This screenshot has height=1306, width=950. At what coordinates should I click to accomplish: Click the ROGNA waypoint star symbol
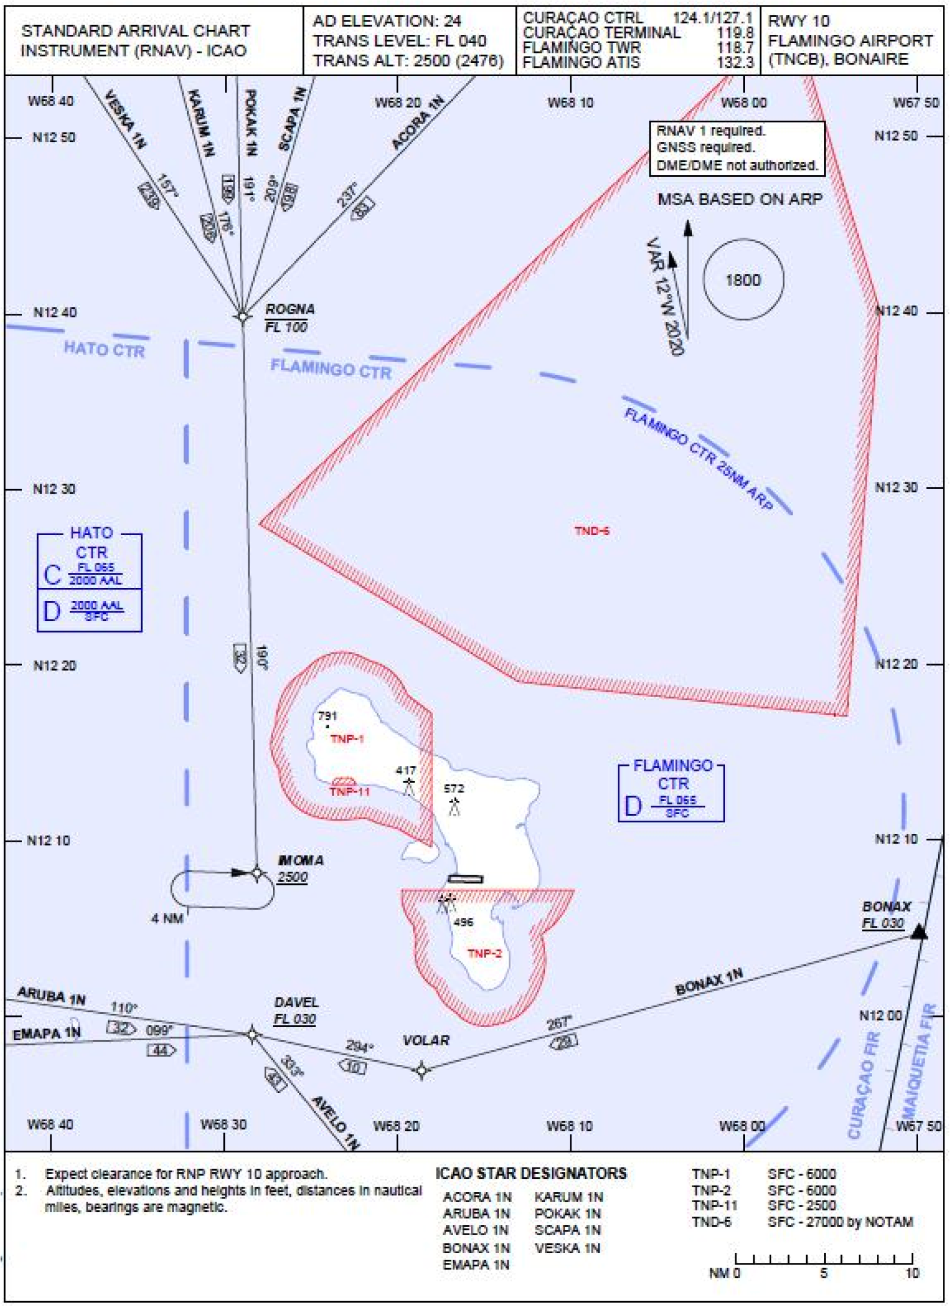pyautogui.click(x=242, y=316)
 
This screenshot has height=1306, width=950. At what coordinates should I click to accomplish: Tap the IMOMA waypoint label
pyautogui.click(x=300, y=860)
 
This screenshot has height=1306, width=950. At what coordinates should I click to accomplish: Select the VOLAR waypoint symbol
pyautogui.click(x=422, y=1070)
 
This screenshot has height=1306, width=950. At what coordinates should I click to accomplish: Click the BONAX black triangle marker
pyautogui.click(x=919, y=932)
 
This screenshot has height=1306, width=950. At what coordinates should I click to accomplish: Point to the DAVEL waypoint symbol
pyautogui.click(x=252, y=1034)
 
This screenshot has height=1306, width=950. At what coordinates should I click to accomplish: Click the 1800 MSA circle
pyautogui.click(x=743, y=280)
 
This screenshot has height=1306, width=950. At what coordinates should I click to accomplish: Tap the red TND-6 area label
pyautogui.click(x=591, y=531)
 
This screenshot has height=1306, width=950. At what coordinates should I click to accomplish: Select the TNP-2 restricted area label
pyautogui.click(x=484, y=953)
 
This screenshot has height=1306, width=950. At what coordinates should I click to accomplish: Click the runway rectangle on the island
pyautogui.click(x=465, y=879)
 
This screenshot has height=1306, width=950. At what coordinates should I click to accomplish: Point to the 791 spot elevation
pyautogui.click(x=327, y=716)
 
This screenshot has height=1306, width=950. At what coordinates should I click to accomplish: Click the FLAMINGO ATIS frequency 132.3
pyautogui.click(x=735, y=62)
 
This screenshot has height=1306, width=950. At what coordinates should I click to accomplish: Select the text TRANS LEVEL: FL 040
pyautogui.click(x=399, y=41)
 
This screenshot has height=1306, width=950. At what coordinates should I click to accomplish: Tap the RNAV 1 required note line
pyautogui.click(x=711, y=131)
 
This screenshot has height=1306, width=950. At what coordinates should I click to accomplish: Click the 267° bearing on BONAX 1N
pyautogui.click(x=558, y=1023)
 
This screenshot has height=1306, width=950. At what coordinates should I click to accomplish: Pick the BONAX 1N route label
pyautogui.click(x=708, y=982)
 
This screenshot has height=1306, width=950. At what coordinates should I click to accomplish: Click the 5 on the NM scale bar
pyautogui.click(x=823, y=1273)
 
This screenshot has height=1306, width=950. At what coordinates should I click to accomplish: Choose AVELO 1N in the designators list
pyautogui.click(x=475, y=1230)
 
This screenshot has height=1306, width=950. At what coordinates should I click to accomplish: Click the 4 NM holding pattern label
pyautogui.click(x=167, y=918)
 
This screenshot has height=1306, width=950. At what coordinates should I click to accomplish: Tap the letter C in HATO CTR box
pyautogui.click(x=52, y=575)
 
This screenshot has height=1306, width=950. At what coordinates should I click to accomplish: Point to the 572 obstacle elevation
pyautogui.click(x=454, y=788)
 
